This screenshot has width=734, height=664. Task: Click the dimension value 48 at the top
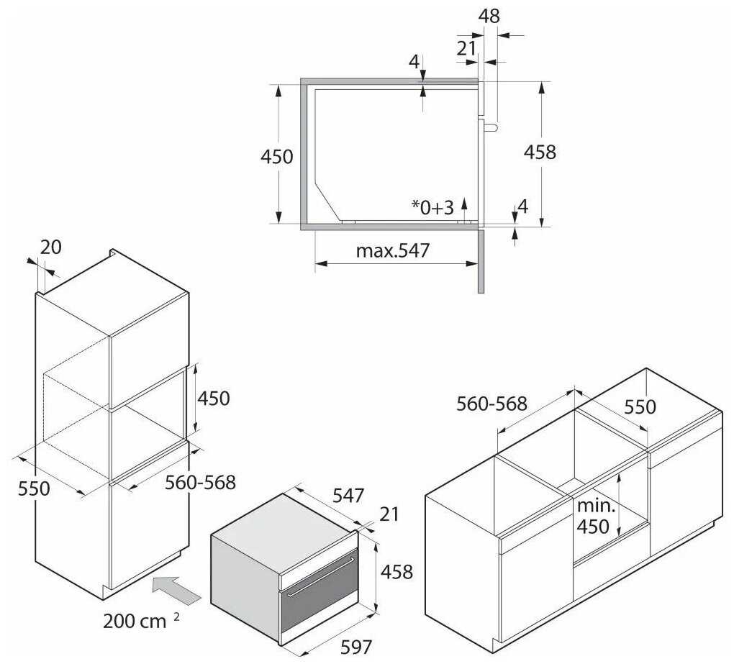(489, 16)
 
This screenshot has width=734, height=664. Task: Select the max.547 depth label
(392, 251)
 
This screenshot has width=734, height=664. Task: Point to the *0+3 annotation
(432, 207)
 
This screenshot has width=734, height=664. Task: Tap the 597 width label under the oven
(356, 647)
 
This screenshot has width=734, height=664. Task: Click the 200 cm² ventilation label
(141, 621)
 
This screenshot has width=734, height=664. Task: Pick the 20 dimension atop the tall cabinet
(50, 247)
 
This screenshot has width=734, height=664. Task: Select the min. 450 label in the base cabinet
(595, 516)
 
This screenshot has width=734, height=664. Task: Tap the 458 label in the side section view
(540, 152)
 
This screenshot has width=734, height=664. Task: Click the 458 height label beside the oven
(396, 572)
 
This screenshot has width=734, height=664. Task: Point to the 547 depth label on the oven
(348, 496)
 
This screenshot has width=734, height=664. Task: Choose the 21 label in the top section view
(466, 48)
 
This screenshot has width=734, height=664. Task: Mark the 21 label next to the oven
(389, 514)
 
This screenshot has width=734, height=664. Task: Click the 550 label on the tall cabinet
(34, 488)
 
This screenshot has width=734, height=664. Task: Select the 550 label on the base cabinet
(640, 406)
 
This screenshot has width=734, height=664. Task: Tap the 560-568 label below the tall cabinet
(200, 483)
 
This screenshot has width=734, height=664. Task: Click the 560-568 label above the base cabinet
(491, 404)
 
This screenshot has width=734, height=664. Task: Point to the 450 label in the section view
(276, 157)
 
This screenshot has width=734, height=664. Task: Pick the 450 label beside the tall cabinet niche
(214, 399)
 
